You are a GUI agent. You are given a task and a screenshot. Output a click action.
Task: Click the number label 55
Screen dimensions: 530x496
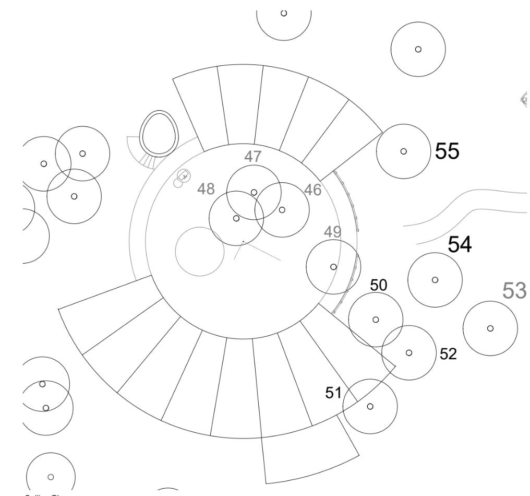[448, 151]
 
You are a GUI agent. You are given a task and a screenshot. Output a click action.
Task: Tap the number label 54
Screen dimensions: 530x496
[459, 244]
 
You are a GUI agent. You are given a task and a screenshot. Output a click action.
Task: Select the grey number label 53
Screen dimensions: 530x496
[514, 290]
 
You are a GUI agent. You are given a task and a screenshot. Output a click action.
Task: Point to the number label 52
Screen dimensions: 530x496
[448, 354]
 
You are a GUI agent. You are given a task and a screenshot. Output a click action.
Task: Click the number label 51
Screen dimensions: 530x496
[333, 393]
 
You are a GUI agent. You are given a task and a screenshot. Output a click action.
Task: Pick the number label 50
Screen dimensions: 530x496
[379, 285]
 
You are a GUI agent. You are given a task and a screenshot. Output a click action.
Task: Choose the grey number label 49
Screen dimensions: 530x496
[333, 232]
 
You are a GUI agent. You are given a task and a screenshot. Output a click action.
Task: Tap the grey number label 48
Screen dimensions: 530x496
[206, 188]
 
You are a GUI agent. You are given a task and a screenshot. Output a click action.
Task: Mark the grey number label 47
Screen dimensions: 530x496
[253, 156]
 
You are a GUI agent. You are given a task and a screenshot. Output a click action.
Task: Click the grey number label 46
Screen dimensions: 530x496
[312, 190]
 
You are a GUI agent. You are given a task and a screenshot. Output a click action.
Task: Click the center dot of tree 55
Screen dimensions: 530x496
[403, 151]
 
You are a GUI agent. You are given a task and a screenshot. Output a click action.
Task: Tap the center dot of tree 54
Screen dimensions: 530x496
[435, 279]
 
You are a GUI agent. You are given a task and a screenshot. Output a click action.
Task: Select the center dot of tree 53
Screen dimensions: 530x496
[490, 328]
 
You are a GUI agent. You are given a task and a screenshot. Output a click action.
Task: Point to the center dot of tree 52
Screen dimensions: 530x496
[408, 352]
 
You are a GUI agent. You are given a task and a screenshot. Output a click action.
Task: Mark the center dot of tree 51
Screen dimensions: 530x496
[370, 406]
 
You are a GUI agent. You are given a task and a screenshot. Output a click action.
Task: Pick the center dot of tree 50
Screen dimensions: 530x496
[376, 320]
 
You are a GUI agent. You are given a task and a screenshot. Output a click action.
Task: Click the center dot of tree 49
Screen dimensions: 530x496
[333, 267]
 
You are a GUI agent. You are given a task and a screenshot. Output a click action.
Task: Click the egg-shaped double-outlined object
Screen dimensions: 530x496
[159, 133]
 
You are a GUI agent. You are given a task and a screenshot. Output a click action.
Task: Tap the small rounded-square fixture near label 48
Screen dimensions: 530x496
[183, 175]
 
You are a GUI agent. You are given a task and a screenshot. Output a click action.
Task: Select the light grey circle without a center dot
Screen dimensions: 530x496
[200, 251]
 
